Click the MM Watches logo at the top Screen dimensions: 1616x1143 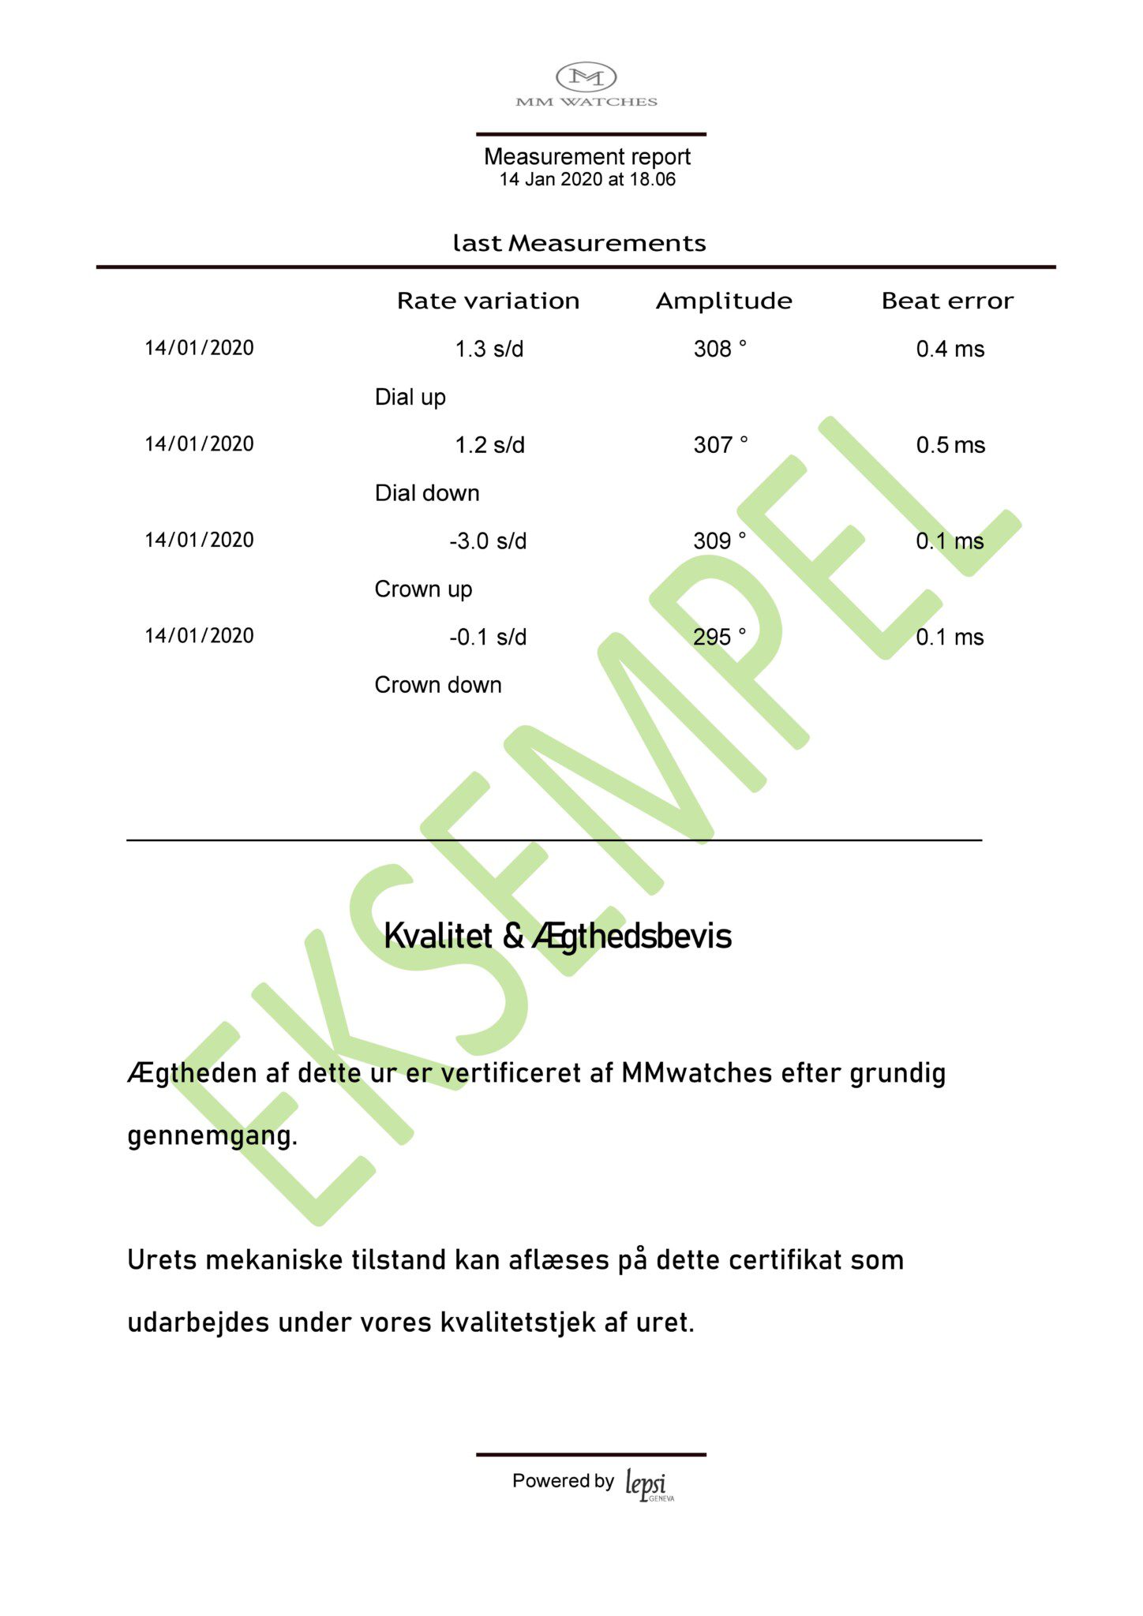pos(586,84)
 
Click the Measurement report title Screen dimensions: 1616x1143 pos(586,156)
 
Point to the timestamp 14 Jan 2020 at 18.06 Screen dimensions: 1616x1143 pos(586,180)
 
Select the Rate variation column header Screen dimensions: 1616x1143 pos(488,301)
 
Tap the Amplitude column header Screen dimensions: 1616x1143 pos(724,301)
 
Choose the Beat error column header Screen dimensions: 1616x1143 pos(947,301)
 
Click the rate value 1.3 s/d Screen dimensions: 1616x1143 pos(489,349)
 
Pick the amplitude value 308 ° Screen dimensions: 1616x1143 pos(720,349)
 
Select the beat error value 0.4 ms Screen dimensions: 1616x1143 pos(950,349)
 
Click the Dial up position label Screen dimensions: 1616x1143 pos(410,397)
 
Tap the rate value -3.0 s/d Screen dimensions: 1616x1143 pos(488,541)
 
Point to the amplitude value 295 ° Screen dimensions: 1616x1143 pos(719,637)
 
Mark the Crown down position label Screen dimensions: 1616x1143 pos(437,685)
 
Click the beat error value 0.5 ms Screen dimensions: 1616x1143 pos(950,445)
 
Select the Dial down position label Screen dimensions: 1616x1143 pos(427,493)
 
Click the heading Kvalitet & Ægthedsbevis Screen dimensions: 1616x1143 pos(557,937)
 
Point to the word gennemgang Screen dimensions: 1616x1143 pos(212,1136)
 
